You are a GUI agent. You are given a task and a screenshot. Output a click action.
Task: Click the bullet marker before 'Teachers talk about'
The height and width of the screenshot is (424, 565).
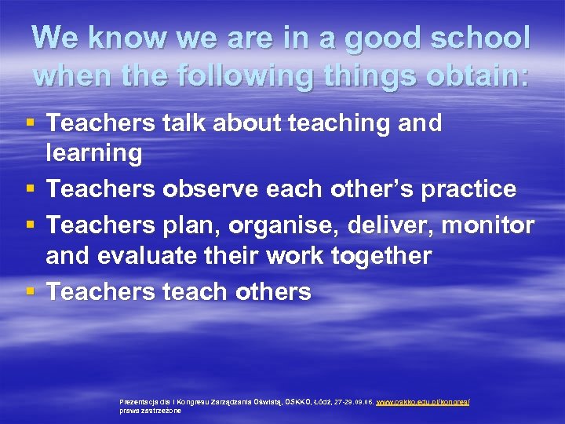30,123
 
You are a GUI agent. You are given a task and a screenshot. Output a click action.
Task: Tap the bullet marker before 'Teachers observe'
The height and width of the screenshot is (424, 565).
30,190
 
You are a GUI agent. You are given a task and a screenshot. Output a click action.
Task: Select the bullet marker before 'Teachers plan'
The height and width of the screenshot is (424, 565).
30,225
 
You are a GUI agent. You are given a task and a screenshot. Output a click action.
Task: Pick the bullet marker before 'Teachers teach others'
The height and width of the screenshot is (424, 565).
30,292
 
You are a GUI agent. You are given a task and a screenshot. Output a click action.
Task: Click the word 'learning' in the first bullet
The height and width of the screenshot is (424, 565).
94,154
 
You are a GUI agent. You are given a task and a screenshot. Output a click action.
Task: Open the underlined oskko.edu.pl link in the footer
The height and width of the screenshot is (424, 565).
423,401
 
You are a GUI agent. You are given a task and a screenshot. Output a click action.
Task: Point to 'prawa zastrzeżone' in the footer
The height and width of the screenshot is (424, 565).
150,410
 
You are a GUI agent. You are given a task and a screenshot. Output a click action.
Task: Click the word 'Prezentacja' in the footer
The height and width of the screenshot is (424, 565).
138,401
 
